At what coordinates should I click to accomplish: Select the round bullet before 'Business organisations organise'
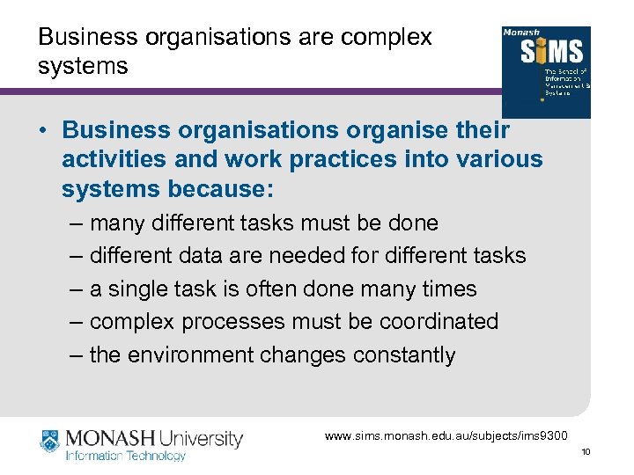(x=43, y=130)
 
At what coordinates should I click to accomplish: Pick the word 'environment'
(x=204, y=355)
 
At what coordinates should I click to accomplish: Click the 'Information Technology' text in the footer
(x=126, y=456)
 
